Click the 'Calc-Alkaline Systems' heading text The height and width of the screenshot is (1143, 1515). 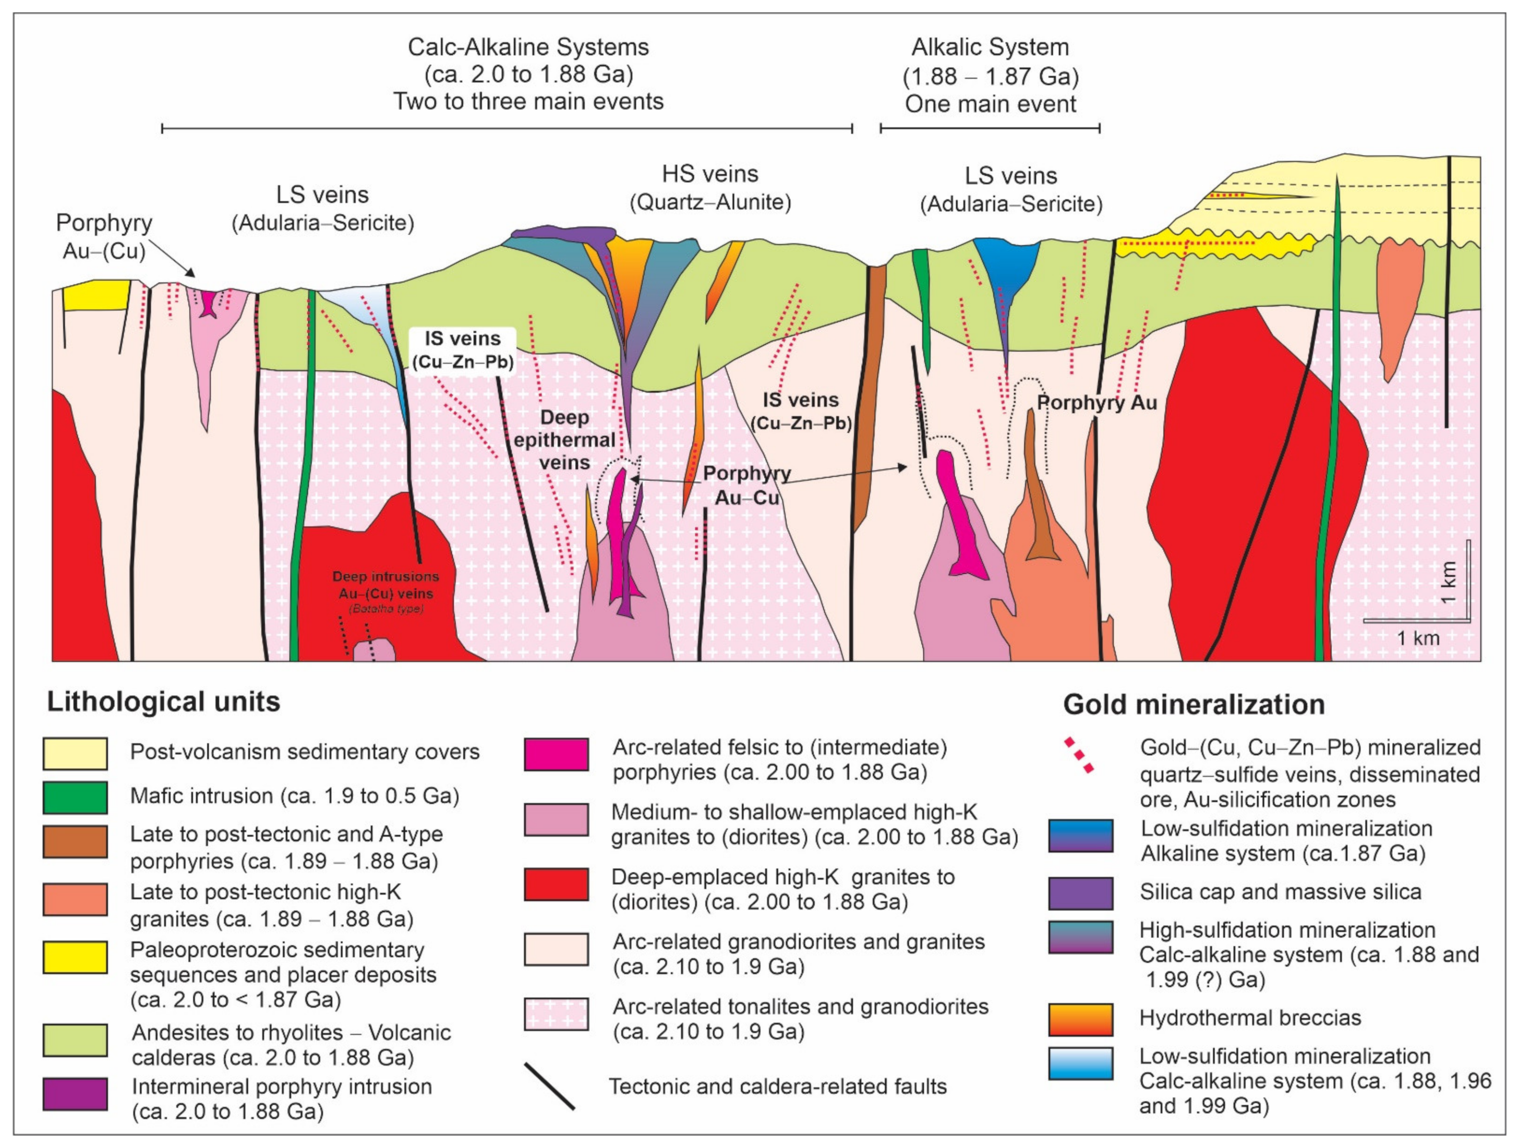(x=528, y=47)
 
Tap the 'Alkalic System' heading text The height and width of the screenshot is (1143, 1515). (x=990, y=47)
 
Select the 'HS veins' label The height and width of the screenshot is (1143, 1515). (x=710, y=174)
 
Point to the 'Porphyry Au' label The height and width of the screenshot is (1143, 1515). (x=1097, y=403)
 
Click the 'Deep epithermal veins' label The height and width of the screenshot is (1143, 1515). (x=565, y=440)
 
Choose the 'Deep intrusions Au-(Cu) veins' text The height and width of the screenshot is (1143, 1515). (x=385, y=586)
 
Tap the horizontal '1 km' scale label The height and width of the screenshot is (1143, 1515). (x=1418, y=638)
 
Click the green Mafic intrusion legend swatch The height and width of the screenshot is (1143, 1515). (x=76, y=797)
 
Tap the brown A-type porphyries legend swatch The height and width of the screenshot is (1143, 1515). (x=76, y=842)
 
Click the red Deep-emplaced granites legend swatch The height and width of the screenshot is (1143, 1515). (x=556, y=884)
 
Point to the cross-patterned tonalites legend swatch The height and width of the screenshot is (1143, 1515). (x=556, y=1014)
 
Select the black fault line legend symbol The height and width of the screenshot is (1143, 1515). (x=549, y=1086)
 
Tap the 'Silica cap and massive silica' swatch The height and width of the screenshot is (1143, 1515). (x=1080, y=893)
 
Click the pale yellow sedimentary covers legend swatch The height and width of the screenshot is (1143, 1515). (x=76, y=753)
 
